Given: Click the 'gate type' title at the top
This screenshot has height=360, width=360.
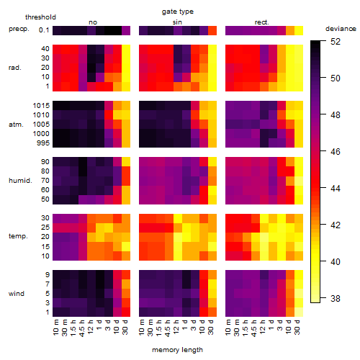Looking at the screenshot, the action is tap(178, 12).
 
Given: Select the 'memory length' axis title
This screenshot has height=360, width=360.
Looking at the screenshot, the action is tap(177, 350).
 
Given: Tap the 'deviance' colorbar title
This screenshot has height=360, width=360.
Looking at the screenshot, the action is tap(341, 29).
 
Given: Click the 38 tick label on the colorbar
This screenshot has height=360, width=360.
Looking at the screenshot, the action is tap(336, 298).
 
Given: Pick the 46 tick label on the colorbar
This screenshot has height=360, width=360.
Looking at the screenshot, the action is tap(336, 151).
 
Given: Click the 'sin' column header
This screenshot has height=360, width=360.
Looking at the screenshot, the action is tap(177, 22).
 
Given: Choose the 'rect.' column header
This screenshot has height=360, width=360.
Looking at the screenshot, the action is tap(261, 22).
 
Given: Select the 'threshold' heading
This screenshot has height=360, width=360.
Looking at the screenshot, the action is tap(40, 17).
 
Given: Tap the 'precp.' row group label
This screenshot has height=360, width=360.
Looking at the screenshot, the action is tap(19, 29).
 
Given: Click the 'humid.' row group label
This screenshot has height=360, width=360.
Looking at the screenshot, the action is tap(20, 181).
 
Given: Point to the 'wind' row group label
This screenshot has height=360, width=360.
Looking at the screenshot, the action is tap(17, 294).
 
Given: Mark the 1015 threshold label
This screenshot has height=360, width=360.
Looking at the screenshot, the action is tap(41, 106).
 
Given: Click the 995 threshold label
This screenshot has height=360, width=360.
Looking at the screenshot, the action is tap(43, 143).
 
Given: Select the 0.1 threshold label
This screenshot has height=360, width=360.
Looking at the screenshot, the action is tap(44, 30).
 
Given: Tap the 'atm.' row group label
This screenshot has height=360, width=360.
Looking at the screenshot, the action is tap(16, 125).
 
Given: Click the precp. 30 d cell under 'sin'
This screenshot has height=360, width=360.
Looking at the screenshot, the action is tap(212, 30).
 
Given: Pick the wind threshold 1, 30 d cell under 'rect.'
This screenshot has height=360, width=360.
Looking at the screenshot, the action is tap(299, 312).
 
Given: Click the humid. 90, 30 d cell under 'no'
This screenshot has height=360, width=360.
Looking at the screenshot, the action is tap(126, 162).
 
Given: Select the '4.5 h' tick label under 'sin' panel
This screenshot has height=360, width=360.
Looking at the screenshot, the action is tap(168, 328).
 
